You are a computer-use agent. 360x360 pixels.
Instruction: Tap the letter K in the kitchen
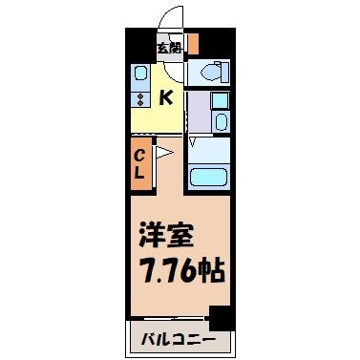point(164,95)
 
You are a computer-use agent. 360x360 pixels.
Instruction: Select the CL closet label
point(138,165)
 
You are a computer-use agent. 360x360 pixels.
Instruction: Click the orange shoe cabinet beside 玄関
point(193,44)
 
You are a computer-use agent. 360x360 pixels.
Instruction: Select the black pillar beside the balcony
point(221,319)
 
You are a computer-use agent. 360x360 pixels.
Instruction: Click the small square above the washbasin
point(219,100)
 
